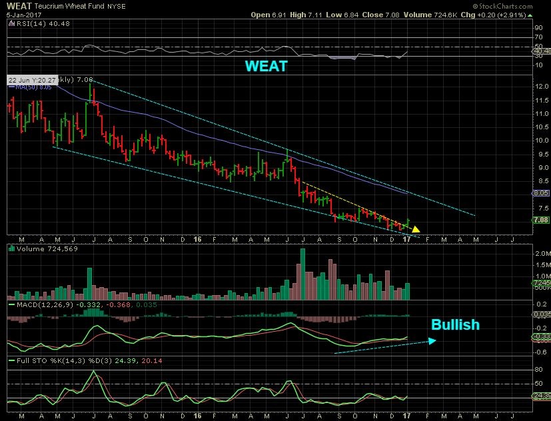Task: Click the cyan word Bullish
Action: coord(455,325)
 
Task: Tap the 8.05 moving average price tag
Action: coord(540,193)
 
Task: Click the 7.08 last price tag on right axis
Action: coord(540,219)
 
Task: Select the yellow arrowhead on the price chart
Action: coord(416,229)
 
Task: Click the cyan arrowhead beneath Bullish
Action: coord(432,341)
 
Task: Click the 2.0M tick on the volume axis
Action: coord(540,254)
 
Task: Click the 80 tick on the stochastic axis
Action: coord(537,368)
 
